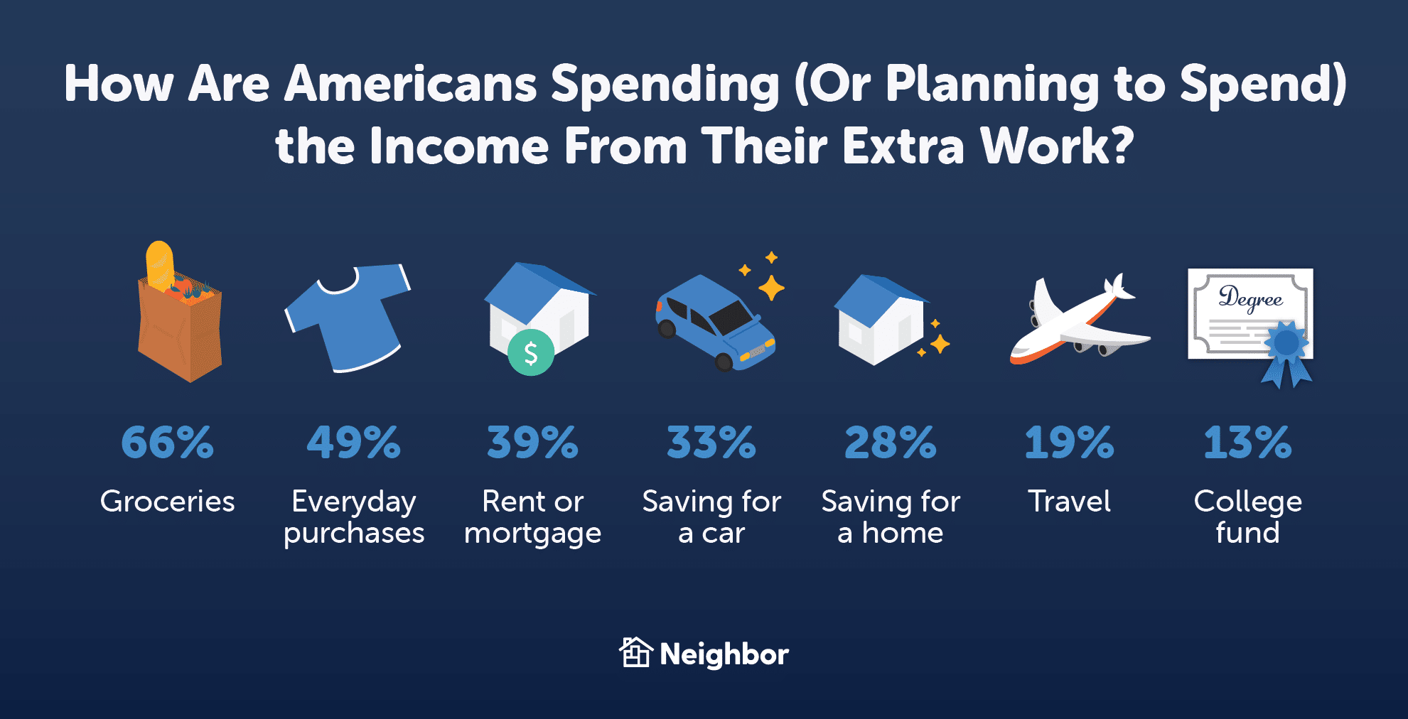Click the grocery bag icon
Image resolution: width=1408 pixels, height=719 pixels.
[179, 313]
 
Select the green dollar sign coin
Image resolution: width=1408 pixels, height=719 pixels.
[531, 352]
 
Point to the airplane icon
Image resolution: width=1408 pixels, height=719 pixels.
[1079, 321]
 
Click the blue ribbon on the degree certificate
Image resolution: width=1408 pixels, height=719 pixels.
[1286, 353]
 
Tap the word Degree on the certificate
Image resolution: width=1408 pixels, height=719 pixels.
[1251, 298]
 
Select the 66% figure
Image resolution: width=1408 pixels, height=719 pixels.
[168, 443]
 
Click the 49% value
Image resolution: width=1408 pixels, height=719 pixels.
[354, 443]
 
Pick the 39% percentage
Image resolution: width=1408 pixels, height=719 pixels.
[533, 443]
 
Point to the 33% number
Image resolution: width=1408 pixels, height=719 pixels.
[711, 443]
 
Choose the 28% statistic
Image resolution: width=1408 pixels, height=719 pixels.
[891, 443]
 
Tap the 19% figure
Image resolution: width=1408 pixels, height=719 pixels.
[1070, 443]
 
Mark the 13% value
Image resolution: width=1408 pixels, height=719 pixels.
[1248, 443]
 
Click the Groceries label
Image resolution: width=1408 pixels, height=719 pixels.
[168, 502]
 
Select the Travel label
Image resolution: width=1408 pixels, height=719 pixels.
[1070, 502]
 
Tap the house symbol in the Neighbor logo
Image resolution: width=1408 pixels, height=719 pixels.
[635, 652]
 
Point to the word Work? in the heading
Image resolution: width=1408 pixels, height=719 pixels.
[1058, 146]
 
